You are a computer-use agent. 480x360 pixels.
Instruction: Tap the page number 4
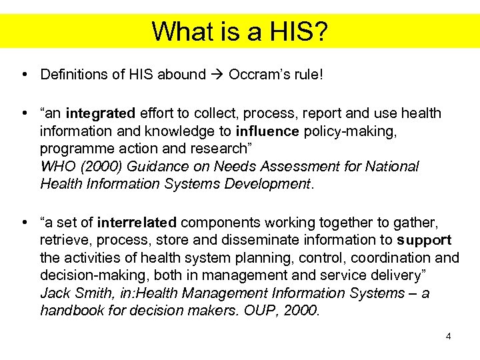[x=449, y=337]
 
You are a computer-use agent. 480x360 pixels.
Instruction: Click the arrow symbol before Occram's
[x=217, y=74]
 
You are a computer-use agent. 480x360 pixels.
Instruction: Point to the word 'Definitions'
[x=75, y=74]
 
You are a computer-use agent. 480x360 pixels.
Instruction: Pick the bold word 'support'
[x=425, y=241]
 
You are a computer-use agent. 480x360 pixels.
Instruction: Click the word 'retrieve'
[x=63, y=241]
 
